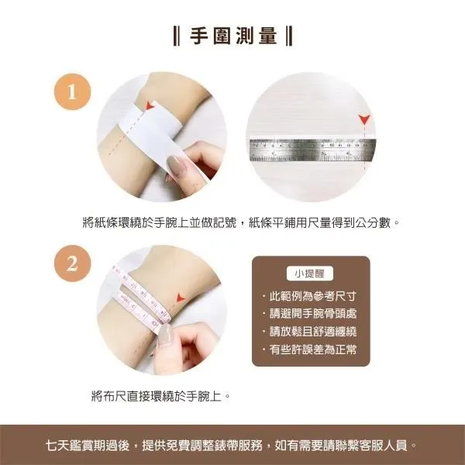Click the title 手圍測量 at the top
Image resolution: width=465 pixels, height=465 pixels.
[232, 36]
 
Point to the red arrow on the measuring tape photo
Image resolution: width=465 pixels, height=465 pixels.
[181, 298]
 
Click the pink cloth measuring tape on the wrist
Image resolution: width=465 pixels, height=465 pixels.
[139, 298]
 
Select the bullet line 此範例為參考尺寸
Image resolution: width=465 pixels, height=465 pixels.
[310, 298]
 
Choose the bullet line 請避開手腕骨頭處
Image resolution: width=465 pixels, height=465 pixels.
[310, 315]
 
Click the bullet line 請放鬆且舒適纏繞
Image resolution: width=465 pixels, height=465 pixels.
[310, 332]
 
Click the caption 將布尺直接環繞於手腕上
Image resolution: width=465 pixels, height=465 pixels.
[161, 396]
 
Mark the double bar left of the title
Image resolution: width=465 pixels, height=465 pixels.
[177, 36]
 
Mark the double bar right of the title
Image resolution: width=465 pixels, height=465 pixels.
[288, 36]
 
